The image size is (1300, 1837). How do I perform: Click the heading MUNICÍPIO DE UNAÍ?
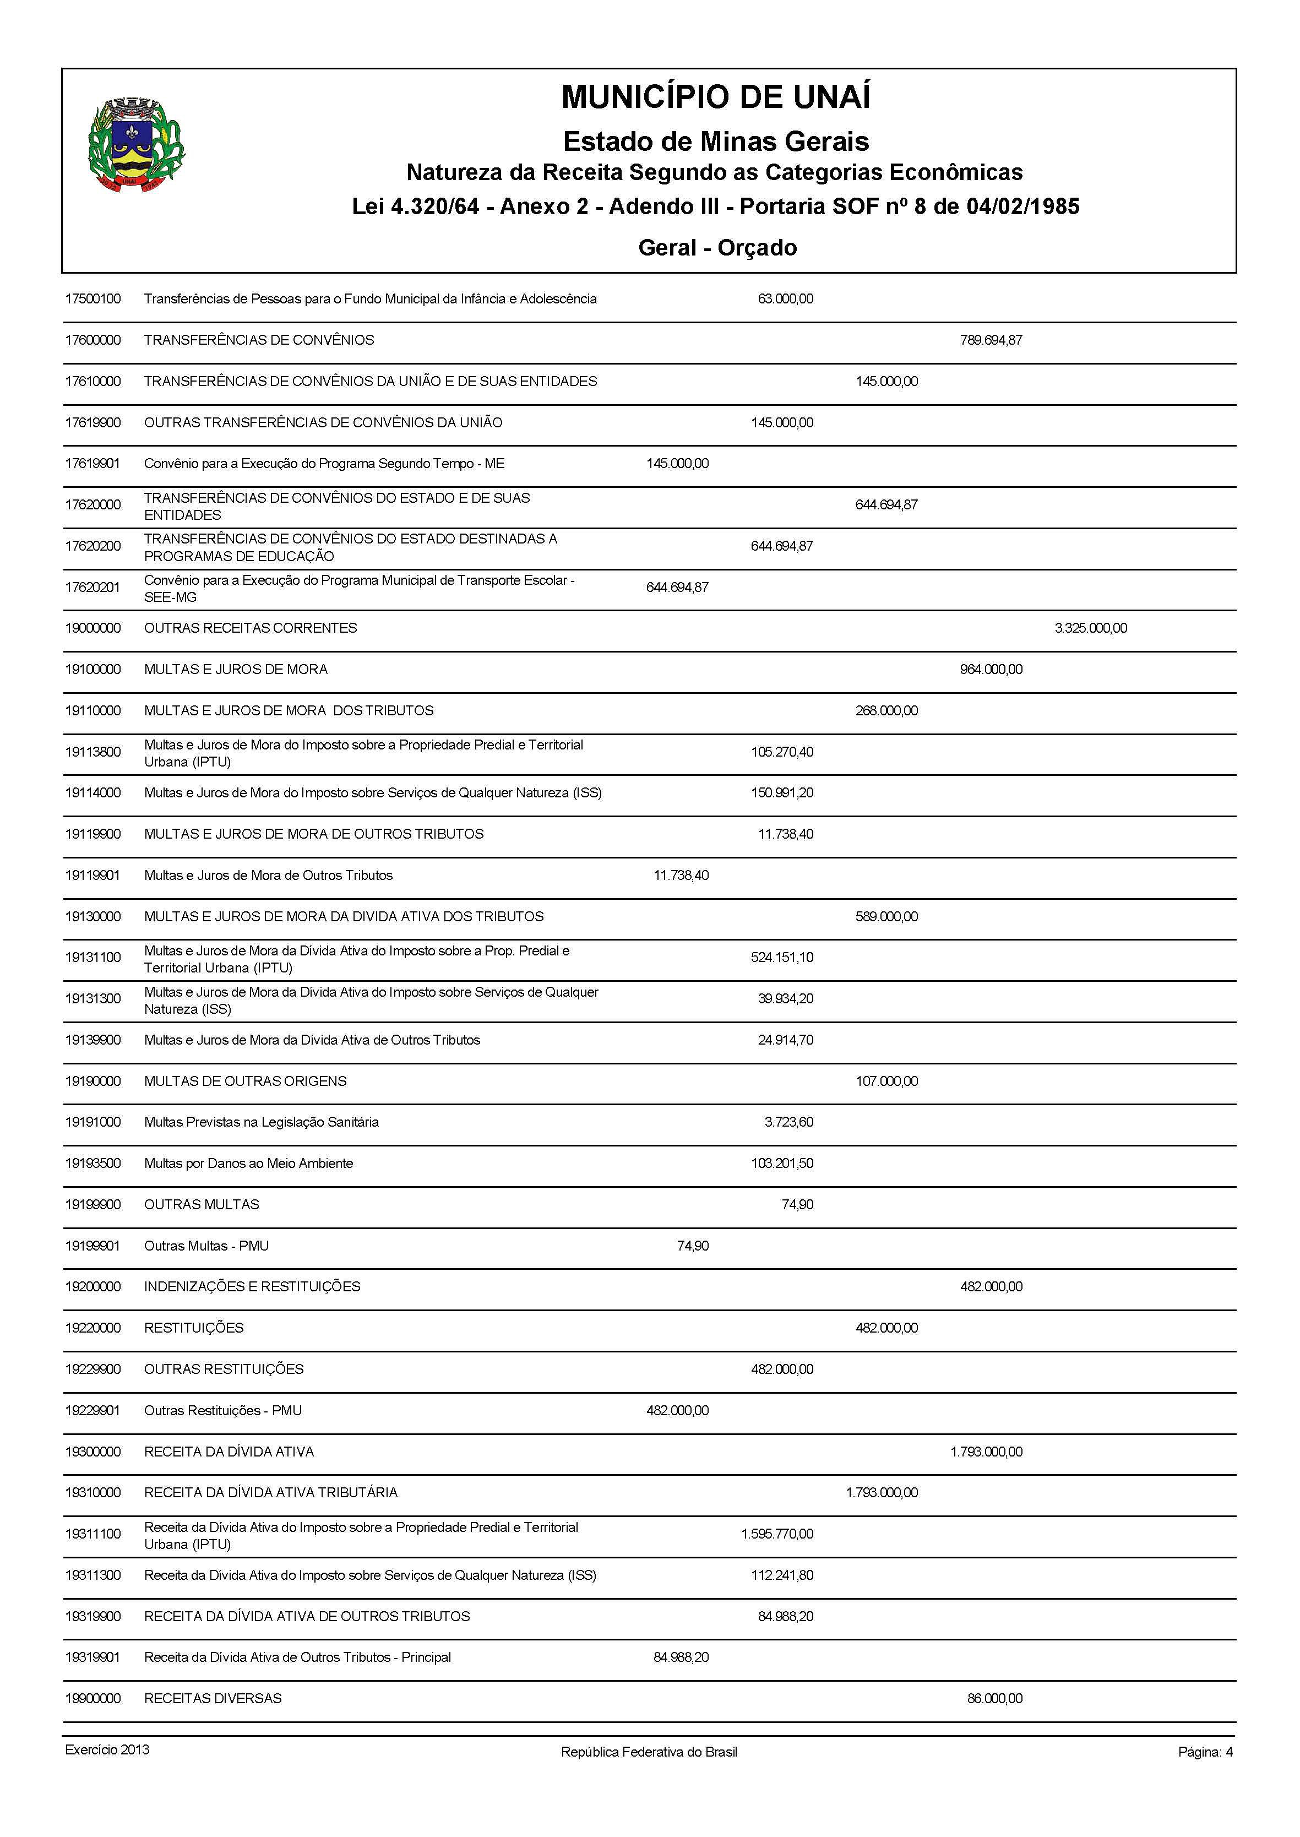click(716, 97)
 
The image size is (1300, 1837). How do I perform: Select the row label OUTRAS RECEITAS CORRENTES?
click(251, 628)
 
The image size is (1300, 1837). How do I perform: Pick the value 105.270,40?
click(781, 752)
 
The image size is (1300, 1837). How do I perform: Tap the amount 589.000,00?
click(886, 916)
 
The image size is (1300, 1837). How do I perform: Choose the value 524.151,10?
click(781, 957)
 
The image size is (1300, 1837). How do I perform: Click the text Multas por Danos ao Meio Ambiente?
click(248, 1163)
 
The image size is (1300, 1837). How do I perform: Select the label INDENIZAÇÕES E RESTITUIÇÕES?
click(252, 1286)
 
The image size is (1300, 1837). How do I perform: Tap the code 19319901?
click(93, 1657)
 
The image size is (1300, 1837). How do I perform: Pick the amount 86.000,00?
click(994, 1698)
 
